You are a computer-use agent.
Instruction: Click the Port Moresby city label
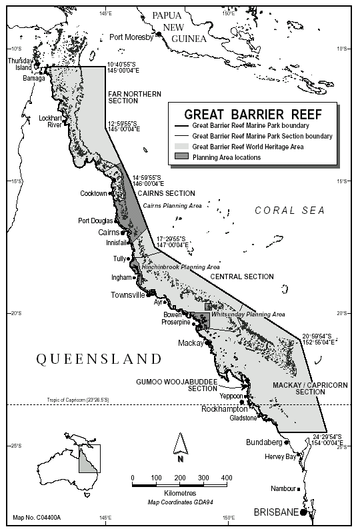(x=131, y=37)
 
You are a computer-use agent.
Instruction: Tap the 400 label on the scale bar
(x=227, y=478)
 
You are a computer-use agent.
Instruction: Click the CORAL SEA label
(x=289, y=211)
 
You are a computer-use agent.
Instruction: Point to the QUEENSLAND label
(x=99, y=359)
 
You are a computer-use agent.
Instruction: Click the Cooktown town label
(x=93, y=194)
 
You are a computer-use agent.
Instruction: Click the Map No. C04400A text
(x=36, y=517)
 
